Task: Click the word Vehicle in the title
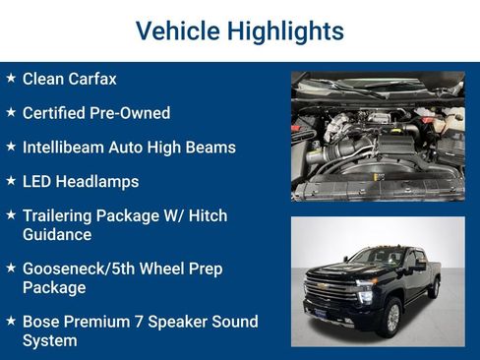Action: click(x=177, y=31)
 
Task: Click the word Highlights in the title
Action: click(x=285, y=31)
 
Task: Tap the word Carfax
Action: click(x=90, y=79)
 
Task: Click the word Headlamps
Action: click(x=96, y=182)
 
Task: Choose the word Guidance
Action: click(x=57, y=235)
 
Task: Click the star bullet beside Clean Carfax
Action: click(x=10, y=78)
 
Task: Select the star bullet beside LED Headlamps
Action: click(x=10, y=181)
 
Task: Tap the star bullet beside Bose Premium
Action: click(x=10, y=321)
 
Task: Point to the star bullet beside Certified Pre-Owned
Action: click(x=10, y=112)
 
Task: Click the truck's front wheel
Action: click(x=391, y=316)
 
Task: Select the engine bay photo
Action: click(x=378, y=136)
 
